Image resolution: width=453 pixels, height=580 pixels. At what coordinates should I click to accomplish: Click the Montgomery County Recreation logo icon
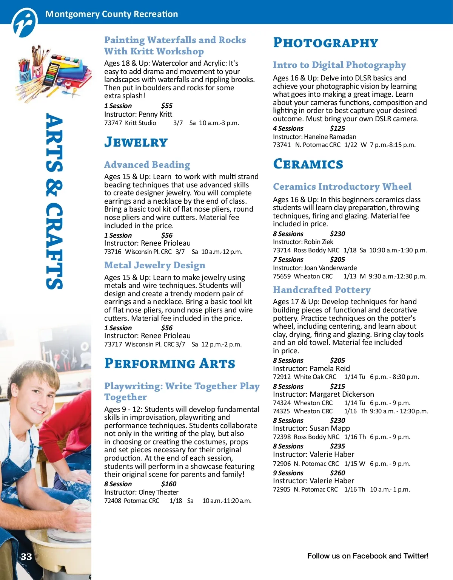tap(25, 23)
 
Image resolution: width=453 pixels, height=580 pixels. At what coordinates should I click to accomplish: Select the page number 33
tap(26, 557)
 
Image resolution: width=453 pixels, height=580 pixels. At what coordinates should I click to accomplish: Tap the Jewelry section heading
tap(136, 142)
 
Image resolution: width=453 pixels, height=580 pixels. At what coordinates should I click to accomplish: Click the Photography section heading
tap(325, 43)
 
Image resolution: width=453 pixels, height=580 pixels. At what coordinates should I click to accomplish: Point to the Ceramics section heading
tap(308, 164)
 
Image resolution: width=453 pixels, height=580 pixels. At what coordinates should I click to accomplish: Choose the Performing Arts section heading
tap(169, 363)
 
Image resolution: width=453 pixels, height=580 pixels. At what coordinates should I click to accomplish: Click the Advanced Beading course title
tap(147, 165)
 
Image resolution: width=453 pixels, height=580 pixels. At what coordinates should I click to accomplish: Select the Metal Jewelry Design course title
tap(155, 265)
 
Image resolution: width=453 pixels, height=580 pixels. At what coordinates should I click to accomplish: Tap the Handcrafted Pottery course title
tap(322, 290)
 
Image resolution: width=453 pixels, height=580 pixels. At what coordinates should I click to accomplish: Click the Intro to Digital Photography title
tap(339, 65)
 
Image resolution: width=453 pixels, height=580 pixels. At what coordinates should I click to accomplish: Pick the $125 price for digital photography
tap(337, 128)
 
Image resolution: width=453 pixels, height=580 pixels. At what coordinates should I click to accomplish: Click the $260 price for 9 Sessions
tap(337, 473)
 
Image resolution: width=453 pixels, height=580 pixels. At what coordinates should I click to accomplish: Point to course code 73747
tap(113, 123)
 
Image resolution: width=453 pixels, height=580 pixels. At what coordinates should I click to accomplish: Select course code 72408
tap(113, 501)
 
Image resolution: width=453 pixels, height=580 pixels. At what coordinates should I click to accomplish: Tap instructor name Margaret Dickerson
tap(342, 394)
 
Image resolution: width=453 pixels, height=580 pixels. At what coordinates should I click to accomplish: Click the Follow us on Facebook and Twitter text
tap(368, 556)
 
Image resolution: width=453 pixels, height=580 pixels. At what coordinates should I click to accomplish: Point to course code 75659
tap(282, 276)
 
